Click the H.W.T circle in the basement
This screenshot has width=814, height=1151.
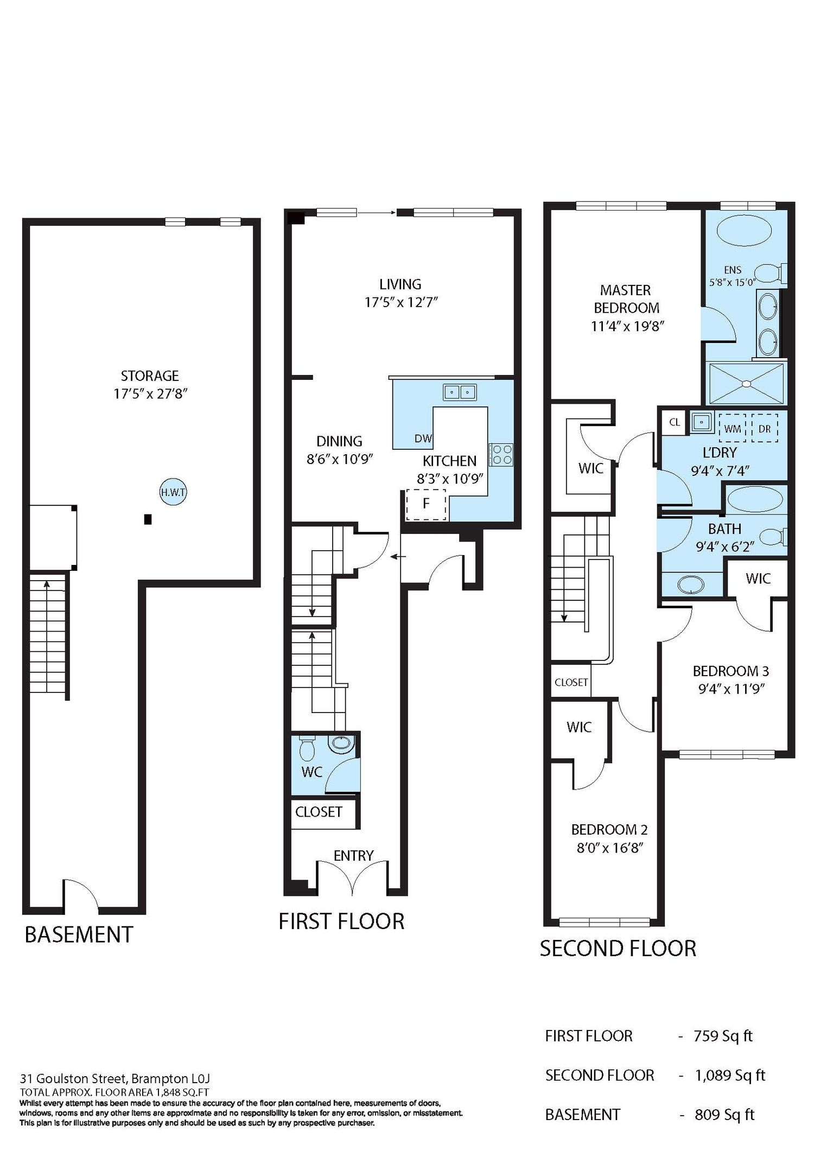coord(173,493)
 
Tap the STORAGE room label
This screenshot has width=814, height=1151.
coord(150,376)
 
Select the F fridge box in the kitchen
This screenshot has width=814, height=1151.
coord(426,504)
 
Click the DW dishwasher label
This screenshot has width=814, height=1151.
coord(423,438)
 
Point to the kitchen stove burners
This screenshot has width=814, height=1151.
coord(500,455)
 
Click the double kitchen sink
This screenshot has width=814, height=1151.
coord(460,392)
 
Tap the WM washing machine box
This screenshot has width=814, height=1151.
coord(733,428)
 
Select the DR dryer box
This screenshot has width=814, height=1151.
coord(765,428)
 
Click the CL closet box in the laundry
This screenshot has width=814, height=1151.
coord(675,422)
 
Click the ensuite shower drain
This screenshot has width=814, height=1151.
coord(747,384)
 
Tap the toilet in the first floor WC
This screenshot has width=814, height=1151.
coord(307,748)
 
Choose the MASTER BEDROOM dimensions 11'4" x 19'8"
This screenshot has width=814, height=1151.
coord(627,326)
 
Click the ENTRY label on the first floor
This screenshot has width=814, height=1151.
coord(353,855)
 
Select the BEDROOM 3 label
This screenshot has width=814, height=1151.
coord(730,671)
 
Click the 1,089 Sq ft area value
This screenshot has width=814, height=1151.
coord(730,1075)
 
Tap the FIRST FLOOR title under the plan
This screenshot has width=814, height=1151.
coord(341,921)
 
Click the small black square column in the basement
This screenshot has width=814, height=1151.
coord(147,519)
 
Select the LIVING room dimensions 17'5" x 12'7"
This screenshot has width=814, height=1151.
coord(401,302)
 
